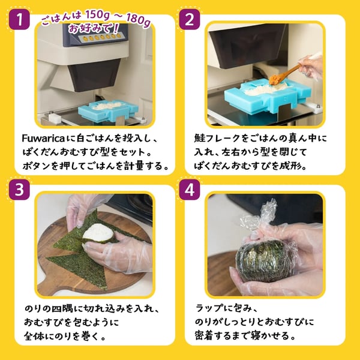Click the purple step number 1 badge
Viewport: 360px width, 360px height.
(19, 19)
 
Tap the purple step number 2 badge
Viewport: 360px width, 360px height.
(190, 19)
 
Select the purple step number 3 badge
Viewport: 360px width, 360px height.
(19, 190)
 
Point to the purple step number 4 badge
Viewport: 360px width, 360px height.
(190, 190)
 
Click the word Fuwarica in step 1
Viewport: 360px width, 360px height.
(43, 139)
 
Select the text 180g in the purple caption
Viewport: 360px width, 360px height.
(139, 19)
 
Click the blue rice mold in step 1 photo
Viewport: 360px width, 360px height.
(108, 110)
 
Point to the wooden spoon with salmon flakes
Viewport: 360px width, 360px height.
(284, 74)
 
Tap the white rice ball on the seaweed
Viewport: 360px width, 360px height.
(98, 233)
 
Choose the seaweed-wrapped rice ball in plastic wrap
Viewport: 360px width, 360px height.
(263, 261)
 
